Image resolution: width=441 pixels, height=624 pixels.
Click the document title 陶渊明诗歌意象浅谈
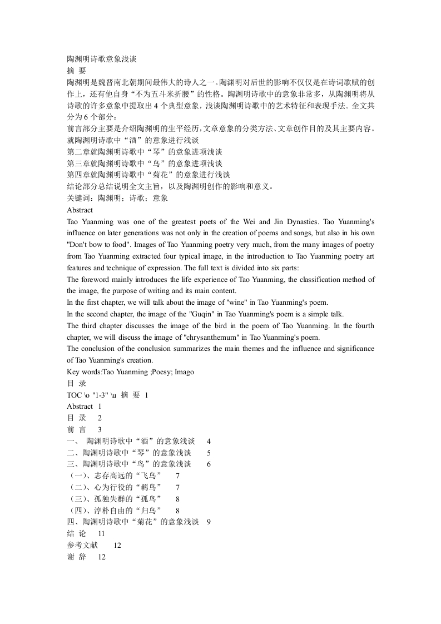point(102,58)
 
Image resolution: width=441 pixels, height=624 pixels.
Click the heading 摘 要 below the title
point(76,70)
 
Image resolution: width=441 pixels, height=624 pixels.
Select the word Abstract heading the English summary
point(80,210)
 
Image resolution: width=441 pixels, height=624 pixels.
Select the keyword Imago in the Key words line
point(184,372)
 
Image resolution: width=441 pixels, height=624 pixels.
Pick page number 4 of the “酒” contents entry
point(209,441)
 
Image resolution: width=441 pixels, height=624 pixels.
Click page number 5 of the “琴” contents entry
point(209,453)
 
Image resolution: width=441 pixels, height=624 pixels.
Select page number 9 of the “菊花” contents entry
point(209,522)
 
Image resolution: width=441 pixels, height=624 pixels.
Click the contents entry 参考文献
point(82,546)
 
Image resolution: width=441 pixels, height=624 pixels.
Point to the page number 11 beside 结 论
point(101,534)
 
